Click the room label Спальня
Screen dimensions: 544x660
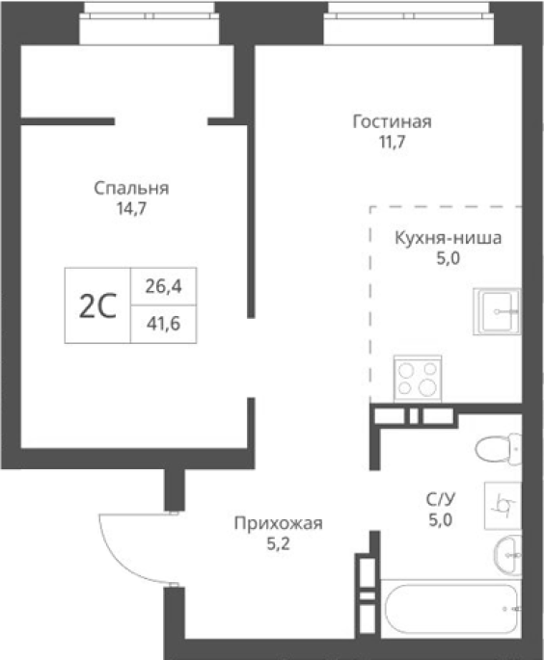click(131, 188)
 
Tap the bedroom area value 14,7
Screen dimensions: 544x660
click(131, 208)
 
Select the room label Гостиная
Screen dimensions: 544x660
click(392, 121)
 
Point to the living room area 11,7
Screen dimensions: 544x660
click(393, 142)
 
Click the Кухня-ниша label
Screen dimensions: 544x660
click(448, 238)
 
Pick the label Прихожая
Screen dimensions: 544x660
click(278, 523)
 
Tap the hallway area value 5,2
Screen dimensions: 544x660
click(278, 544)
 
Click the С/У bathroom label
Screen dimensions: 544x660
click(441, 500)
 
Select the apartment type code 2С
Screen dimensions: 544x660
click(97, 306)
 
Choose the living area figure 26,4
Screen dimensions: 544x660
click(164, 286)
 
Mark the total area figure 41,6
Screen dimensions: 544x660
click(164, 324)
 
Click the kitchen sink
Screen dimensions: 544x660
click(497, 311)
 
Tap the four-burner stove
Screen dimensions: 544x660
click(418, 379)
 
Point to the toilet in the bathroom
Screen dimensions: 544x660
click(498, 449)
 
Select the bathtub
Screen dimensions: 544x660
click(450, 609)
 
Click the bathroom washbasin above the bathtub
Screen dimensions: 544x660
click(507, 556)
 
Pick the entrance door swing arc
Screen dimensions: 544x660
click(114, 559)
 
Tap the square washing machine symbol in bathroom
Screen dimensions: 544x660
click(503, 505)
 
